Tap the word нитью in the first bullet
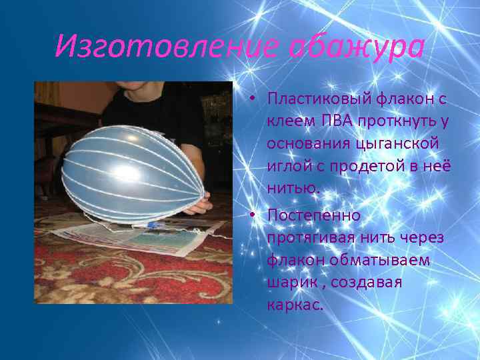(x=293, y=189)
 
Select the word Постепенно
(x=313, y=215)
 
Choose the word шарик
(x=289, y=283)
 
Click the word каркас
(x=293, y=305)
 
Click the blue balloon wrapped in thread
(x=133, y=173)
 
